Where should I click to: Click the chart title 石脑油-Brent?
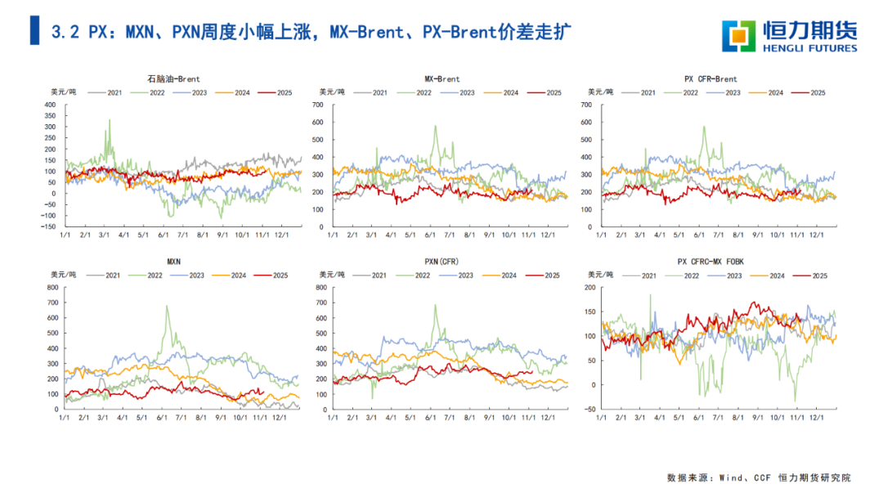[174, 79]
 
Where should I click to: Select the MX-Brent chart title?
[442, 79]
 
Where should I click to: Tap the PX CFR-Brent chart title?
[710, 79]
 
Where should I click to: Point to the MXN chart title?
[174, 262]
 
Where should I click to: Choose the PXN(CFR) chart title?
[442, 262]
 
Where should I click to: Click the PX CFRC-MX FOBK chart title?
[710, 262]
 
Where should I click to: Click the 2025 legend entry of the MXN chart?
[279, 275]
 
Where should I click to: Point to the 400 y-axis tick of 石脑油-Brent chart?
[49, 105]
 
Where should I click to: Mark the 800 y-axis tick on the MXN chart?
[49, 287]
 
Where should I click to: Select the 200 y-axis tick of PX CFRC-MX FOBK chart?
[588, 287]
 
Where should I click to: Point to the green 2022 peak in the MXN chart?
[167, 307]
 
